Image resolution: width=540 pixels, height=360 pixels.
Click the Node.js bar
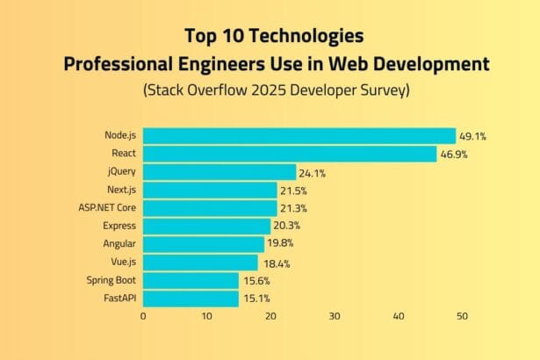299,136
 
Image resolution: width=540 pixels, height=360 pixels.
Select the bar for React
290,155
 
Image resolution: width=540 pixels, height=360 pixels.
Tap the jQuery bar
220,172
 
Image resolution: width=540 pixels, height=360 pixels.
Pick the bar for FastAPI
191,299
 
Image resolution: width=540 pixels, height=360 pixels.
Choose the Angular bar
204,244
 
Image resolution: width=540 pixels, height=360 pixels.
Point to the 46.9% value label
454,155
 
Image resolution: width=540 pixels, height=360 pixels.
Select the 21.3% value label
293,208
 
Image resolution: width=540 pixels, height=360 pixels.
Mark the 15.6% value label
256,281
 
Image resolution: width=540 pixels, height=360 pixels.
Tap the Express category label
120,227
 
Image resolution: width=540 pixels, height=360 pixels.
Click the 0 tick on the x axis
143,317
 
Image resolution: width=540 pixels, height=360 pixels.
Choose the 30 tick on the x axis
335,317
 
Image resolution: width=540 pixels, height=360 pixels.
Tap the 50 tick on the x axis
462,317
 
